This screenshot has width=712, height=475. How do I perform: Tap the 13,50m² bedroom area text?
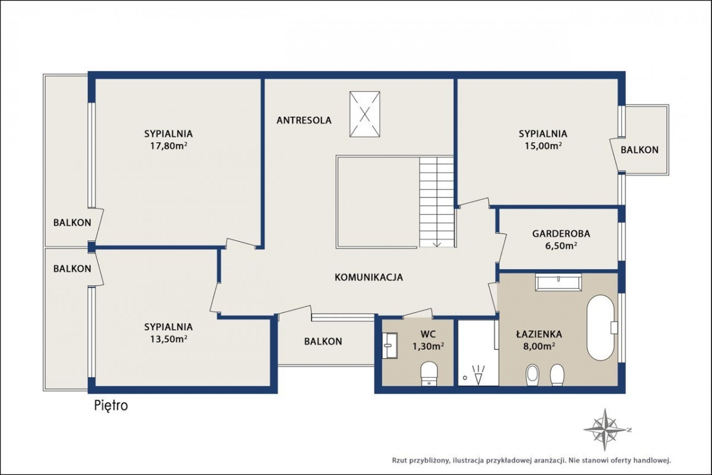coord(169,339)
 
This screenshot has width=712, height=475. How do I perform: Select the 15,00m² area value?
coord(543,145)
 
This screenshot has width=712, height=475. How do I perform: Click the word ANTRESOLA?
coord(304,120)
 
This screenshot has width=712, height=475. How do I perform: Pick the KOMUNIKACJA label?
coord(368,277)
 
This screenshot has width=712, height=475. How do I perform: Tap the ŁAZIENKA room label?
coord(539,334)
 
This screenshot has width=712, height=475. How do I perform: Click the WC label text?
coord(428,334)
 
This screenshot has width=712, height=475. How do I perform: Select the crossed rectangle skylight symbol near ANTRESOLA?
coord(365,114)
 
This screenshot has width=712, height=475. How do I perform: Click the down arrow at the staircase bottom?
coord(437,243)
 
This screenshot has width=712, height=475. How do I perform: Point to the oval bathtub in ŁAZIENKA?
coord(600,328)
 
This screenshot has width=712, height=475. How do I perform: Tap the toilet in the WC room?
coord(429,374)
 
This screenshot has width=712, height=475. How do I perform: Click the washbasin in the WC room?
coord(390,345)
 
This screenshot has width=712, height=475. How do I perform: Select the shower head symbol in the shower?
coord(479,375)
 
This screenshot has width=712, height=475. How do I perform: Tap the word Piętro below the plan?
coord(112,406)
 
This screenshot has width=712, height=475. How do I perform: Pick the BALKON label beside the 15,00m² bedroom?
coord(640,149)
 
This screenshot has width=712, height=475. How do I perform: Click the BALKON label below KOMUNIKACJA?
coord(323,341)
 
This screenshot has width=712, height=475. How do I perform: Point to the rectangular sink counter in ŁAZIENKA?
coord(558,282)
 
